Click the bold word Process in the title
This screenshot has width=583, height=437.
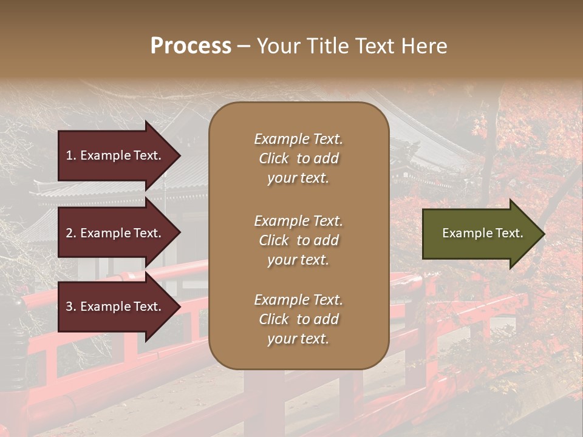(191, 46)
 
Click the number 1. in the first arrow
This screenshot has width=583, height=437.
(71, 155)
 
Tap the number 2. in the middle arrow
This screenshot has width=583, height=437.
(71, 233)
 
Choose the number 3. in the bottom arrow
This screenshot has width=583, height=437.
(71, 307)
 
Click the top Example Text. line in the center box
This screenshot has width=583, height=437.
(298, 139)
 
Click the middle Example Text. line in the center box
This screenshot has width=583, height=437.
(298, 221)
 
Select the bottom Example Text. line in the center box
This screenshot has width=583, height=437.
(298, 300)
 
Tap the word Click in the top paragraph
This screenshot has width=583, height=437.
(274, 158)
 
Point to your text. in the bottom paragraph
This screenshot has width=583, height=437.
(298, 339)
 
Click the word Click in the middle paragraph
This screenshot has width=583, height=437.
(274, 240)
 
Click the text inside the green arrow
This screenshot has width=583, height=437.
(482, 233)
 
